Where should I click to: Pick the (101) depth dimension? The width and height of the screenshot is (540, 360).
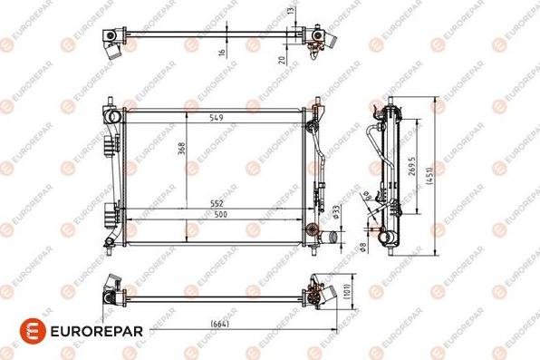[348, 291]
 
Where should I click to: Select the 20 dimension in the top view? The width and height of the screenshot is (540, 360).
[282, 59]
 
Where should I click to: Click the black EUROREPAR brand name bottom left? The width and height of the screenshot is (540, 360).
[94, 330]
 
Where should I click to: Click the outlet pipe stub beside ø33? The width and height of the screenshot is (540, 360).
[331, 238]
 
